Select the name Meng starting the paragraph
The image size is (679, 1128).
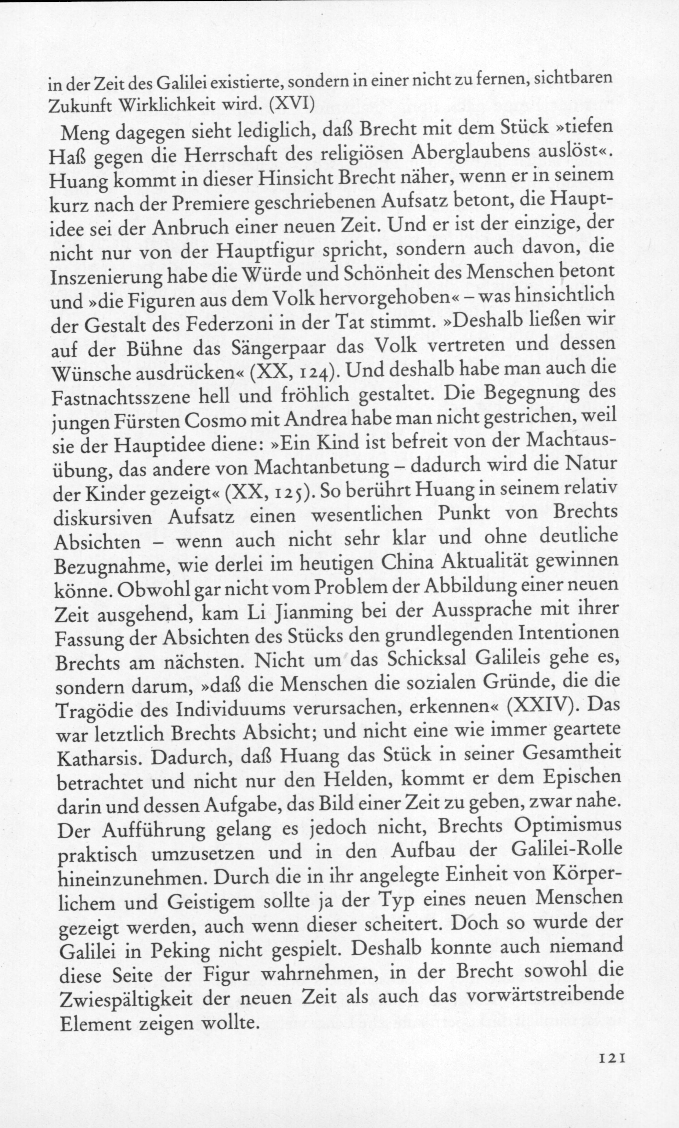click(86, 133)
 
